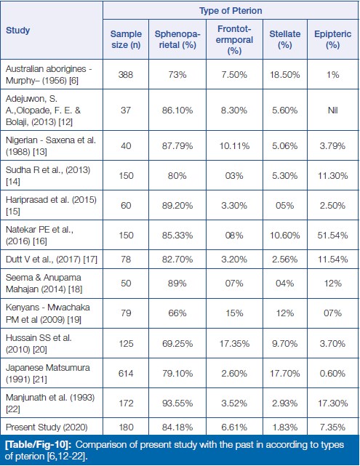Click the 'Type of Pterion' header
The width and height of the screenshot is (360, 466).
(231, 11)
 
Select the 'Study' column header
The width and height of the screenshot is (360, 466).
(18, 31)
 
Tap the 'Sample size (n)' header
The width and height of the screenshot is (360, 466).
(126, 39)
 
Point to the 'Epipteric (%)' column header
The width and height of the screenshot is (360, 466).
(332, 39)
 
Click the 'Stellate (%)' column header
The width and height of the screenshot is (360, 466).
(285, 39)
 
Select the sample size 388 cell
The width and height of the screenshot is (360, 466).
(126, 74)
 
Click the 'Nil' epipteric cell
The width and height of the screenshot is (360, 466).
(332, 111)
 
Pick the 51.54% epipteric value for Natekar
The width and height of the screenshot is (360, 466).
(332, 236)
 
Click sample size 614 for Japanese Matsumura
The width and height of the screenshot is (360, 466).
(126, 373)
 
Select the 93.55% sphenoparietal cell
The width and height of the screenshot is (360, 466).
(177, 403)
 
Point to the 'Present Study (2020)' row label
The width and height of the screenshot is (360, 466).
(47, 427)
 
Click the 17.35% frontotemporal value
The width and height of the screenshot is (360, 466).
(234, 344)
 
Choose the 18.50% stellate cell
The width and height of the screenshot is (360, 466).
(285, 74)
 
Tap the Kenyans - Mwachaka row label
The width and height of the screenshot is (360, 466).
(48, 313)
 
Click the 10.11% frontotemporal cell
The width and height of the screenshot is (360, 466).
(234, 146)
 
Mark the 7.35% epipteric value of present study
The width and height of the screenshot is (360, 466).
(332, 427)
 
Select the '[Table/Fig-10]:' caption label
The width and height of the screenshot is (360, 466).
(39, 445)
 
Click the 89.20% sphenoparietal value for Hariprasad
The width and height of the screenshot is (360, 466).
(177, 206)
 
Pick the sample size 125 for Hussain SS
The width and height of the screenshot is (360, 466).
(126, 344)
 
